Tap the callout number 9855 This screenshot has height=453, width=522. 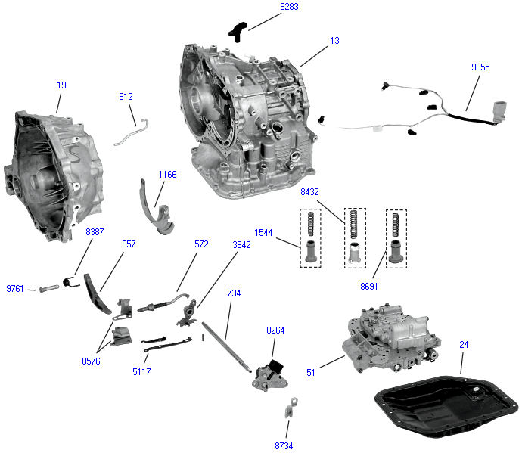click(x=480, y=67)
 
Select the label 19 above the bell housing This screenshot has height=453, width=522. click(x=61, y=85)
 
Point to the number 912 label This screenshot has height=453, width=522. click(x=126, y=96)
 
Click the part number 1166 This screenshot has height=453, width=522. click(x=167, y=175)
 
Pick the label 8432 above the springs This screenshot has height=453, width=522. click(x=310, y=193)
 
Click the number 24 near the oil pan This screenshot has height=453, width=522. click(x=464, y=345)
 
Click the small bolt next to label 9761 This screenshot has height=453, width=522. click(x=47, y=289)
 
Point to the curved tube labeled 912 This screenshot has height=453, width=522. click(x=133, y=132)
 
